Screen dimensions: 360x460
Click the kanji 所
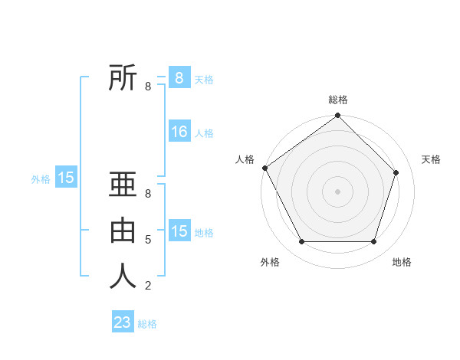pyautogui.click(x=123, y=79)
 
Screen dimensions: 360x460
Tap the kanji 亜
pyautogui.click(x=123, y=186)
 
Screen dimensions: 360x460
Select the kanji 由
pyautogui.click(x=123, y=231)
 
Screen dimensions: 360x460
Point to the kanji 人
pyautogui.click(x=123, y=277)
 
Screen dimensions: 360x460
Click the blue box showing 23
pyautogui.click(x=123, y=322)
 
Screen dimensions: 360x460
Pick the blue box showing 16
pyautogui.click(x=179, y=132)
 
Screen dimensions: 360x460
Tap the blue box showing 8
pyautogui.click(x=179, y=78)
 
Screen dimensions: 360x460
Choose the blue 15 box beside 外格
pyautogui.click(x=66, y=178)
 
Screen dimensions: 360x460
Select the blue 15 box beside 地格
pyautogui.click(x=179, y=231)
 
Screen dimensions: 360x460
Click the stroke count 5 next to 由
pyautogui.click(x=147, y=240)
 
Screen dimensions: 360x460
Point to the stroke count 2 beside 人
pyautogui.click(x=147, y=286)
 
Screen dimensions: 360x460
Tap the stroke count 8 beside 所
pyautogui.click(x=147, y=87)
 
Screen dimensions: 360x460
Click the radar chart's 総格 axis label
pyautogui.click(x=337, y=100)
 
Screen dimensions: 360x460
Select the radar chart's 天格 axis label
pyautogui.click(x=431, y=159)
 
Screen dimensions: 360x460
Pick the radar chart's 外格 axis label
pyautogui.click(x=270, y=262)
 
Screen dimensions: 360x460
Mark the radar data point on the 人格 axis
pyautogui.click(x=264, y=168)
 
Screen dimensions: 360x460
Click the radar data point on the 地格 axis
pyautogui.click(x=373, y=241)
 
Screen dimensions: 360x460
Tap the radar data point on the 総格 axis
pyautogui.click(x=337, y=116)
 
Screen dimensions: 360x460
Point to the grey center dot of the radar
pyautogui.click(x=337, y=191)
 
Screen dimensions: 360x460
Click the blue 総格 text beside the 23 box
pyautogui.click(x=147, y=324)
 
